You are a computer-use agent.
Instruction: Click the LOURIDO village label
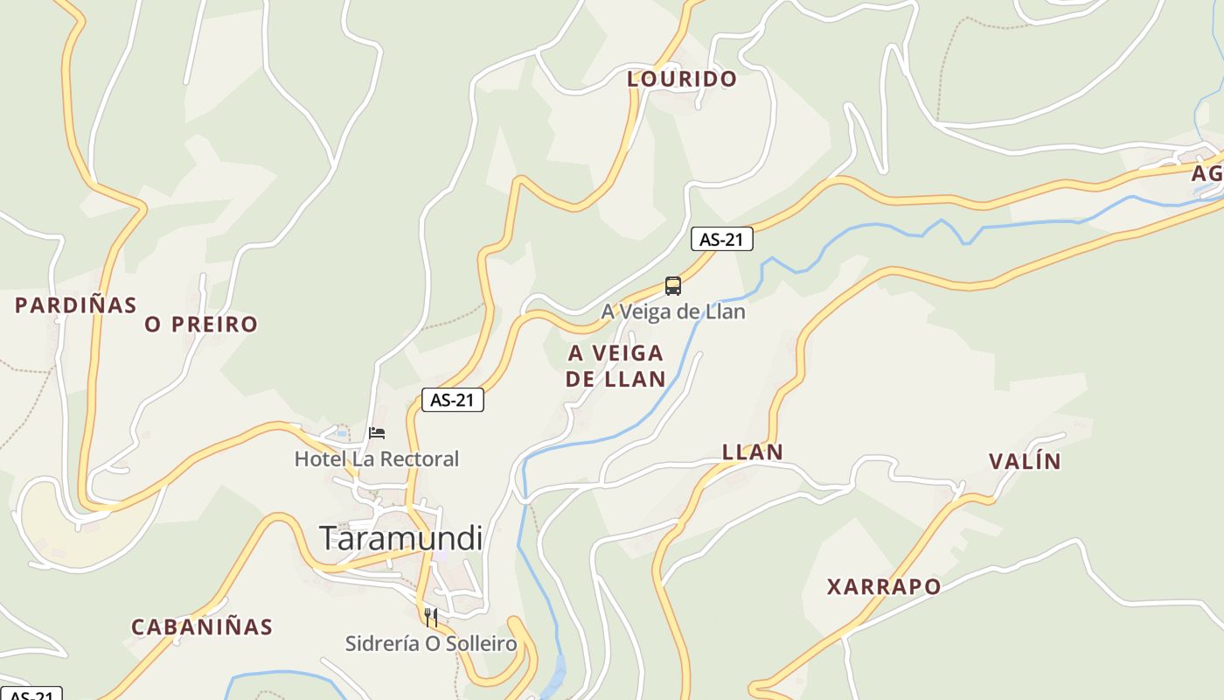coord(682,79)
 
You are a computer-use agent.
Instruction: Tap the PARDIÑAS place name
coord(76,305)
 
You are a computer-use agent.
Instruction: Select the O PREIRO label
coord(201,325)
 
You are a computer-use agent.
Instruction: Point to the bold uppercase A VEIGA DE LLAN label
coord(615,366)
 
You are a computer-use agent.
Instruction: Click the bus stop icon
coord(672,286)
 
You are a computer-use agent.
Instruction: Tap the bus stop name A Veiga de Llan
coord(672,311)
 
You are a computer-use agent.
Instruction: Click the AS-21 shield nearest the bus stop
coord(721,239)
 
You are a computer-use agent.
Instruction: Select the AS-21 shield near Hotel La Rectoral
coord(452,400)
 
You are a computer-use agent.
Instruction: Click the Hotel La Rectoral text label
coord(376,458)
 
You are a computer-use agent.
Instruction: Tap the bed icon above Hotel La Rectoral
coord(377,432)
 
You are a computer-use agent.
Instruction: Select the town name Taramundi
coord(400,537)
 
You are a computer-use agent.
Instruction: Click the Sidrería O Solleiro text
coord(430,644)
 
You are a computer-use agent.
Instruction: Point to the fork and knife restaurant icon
coord(430,618)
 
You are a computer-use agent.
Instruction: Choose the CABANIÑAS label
coord(201,627)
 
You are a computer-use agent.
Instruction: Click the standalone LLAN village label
coord(752,452)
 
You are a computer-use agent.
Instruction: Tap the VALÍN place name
coord(1024,461)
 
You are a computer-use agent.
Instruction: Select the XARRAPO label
coord(884,586)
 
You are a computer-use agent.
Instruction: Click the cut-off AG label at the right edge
coord(1207,173)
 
